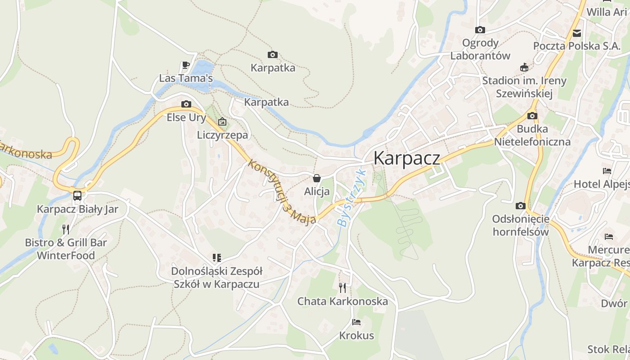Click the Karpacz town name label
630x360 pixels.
pos(406,158)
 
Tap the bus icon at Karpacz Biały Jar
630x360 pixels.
pos(77,196)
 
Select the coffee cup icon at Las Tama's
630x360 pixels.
pos(185,65)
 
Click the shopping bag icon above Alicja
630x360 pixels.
pos(317,178)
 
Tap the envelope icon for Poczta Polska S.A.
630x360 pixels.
pos(577,33)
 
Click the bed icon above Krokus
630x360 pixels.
pos(356,322)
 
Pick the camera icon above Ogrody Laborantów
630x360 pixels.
pos(480,30)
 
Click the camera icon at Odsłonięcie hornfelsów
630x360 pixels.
pos(521,206)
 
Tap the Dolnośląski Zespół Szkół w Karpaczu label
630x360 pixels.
pos(216,278)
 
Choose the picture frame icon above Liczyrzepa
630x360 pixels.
pos(222,121)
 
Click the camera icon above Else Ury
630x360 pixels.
pos(186,104)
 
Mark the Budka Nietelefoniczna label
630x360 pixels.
pos(532,135)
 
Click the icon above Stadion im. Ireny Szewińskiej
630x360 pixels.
pos(524,67)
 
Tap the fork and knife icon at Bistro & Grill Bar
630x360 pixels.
pos(66,229)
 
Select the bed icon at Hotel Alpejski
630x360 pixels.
pos(607,171)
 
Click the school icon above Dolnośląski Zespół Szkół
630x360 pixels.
pos(217,258)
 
